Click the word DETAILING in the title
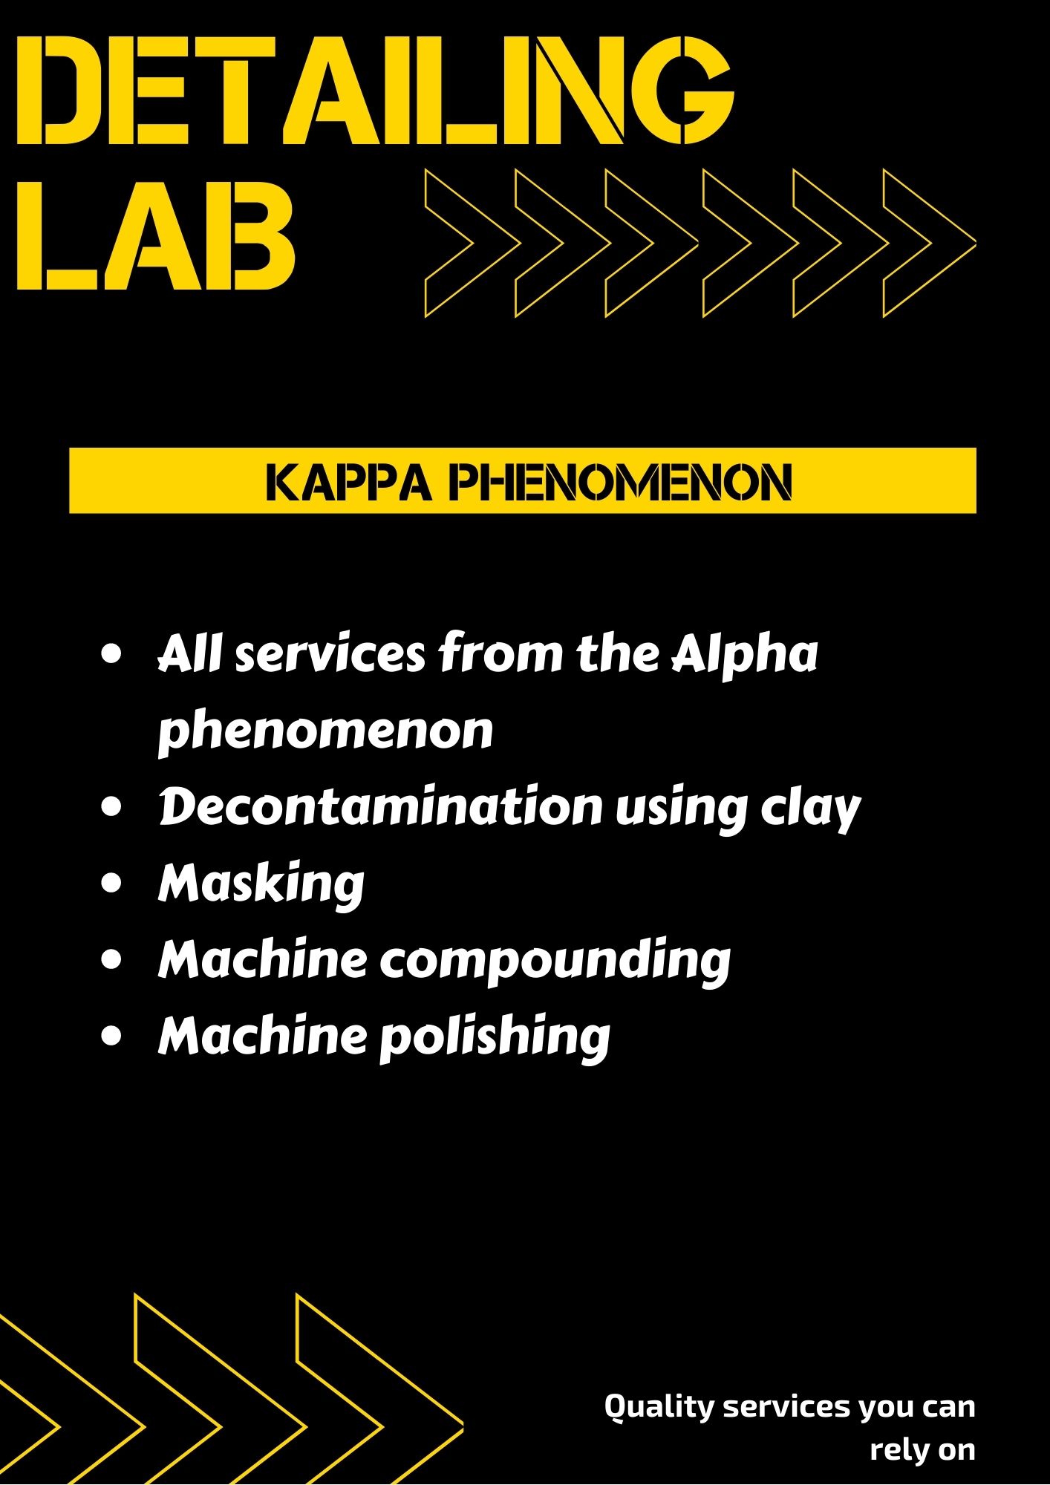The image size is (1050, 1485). click(375, 93)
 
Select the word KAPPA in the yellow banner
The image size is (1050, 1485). click(348, 483)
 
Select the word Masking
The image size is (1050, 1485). click(261, 884)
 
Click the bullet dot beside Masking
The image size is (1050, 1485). click(112, 884)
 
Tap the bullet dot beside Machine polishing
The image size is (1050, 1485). click(112, 1036)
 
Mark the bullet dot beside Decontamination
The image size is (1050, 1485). click(112, 806)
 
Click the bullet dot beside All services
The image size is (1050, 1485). click(112, 654)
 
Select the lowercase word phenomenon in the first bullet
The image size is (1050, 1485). click(326, 732)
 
